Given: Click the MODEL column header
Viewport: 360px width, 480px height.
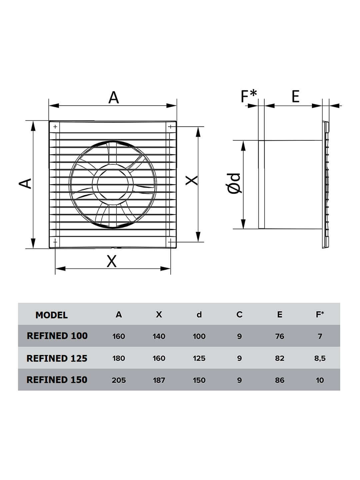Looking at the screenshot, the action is point(52,315).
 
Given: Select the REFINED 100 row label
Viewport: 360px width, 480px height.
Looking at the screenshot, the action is point(57,336).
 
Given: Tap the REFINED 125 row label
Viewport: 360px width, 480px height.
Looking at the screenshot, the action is point(57,358).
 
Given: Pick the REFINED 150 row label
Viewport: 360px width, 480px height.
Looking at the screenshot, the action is point(57,380).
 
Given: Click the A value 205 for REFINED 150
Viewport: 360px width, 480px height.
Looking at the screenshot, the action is point(119,380).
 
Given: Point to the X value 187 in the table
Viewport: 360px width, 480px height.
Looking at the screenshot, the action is point(159,380).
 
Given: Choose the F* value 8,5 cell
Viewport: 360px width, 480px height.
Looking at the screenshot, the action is point(320,358).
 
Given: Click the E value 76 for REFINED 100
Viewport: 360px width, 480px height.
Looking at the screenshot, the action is point(280,336).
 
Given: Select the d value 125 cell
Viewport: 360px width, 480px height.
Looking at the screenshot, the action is point(199,358).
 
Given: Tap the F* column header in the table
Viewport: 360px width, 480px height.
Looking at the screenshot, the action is point(320,314).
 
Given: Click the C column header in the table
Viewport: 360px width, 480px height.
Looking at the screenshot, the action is point(239,315).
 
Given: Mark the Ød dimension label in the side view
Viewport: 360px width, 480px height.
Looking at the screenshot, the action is point(234,183).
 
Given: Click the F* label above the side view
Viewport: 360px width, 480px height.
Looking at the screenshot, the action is point(249,96).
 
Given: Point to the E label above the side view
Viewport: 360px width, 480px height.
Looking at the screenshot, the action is point(296,96).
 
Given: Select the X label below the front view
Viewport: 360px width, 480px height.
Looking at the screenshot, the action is point(112,261).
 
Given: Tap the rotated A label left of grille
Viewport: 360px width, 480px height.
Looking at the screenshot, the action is point(25,183).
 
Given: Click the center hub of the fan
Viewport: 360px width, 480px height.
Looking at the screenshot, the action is point(113,184).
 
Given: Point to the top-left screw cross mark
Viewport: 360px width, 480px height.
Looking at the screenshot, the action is point(55,127).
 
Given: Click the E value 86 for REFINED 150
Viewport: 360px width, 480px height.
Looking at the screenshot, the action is point(280,380).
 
